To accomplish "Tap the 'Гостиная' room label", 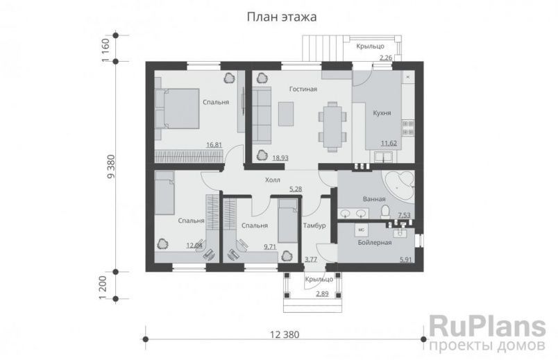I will click(303, 89).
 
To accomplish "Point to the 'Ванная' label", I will click(374, 199).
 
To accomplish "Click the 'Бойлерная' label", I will click(375, 243).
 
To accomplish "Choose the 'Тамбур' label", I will click(314, 225).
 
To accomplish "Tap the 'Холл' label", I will click(273, 180).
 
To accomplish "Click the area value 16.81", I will click(214, 145).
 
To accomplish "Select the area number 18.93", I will click(280, 158).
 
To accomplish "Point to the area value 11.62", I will click(389, 144).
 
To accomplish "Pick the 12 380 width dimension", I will click(283, 335).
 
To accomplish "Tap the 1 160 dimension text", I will click(105, 50).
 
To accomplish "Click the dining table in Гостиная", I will click(332, 125).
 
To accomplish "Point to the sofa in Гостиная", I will click(261, 112).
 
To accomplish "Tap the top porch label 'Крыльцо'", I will click(371, 46).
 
